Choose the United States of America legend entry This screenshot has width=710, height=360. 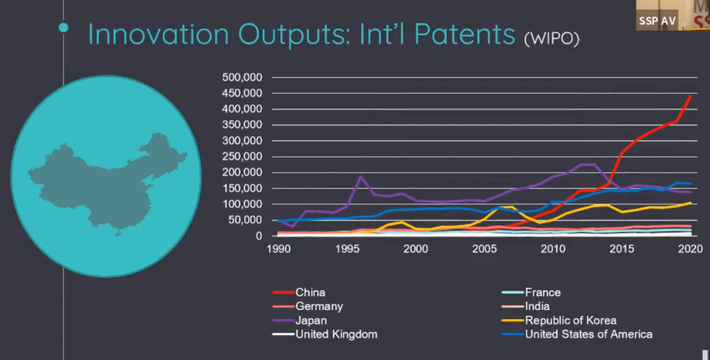click(x=589, y=334)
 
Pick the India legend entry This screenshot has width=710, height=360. click(x=537, y=307)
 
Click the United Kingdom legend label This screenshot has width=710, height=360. click(x=336, y=334)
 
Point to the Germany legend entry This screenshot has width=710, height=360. click(x=319, y=307)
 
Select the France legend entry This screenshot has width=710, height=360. click(x=542, y=293)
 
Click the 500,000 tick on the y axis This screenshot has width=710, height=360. click(x=242, y=77)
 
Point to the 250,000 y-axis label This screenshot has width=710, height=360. click(x=242, y=156)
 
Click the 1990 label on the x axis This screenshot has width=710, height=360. click(x=279, y=248)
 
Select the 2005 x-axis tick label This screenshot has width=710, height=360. click(x=484, y=248)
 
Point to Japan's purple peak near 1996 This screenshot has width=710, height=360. click(x=361, y=177)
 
